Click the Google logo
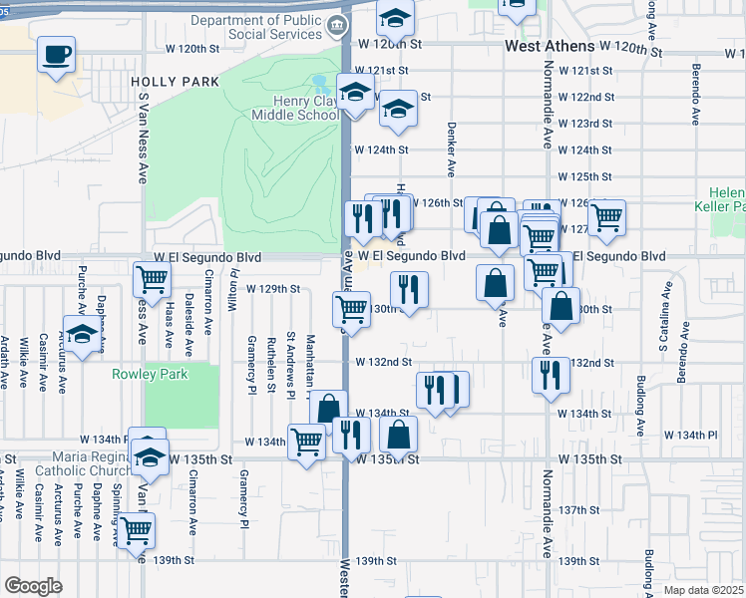[x=33, y=585]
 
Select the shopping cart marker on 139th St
[x=136, y=530]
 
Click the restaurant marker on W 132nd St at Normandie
[x=551, y=375]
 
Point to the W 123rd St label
[x=584, y=124]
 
